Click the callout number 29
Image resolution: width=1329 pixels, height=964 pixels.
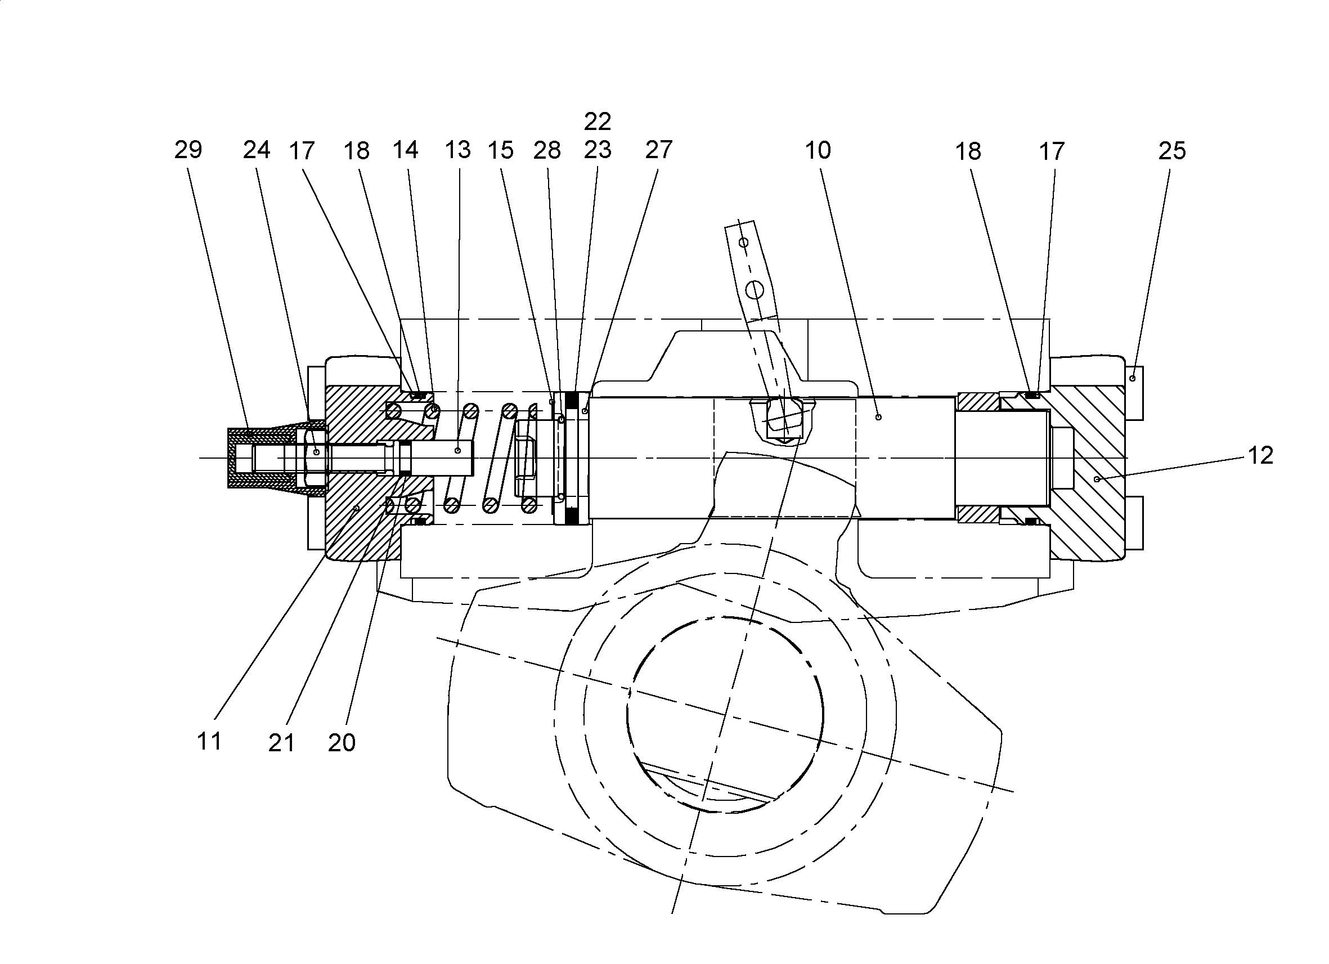click(x=188, y=150)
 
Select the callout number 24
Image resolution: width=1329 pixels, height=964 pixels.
click(x=257, y=150)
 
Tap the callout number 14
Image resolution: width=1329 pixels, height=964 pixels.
click(x=406, y=150)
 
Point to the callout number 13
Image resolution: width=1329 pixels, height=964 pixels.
click(x=457, y=150)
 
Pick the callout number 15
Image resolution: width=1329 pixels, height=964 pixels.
click(x=500, y=150)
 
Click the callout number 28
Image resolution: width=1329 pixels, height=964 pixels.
click(x=547, y=151)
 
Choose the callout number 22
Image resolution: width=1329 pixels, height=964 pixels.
click(x=598, y=122)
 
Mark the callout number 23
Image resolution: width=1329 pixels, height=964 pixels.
click(x=598, y=150)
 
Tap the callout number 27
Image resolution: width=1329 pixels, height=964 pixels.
click(x=659, y=150)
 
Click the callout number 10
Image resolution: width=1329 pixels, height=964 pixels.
click(x=818, y=151)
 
